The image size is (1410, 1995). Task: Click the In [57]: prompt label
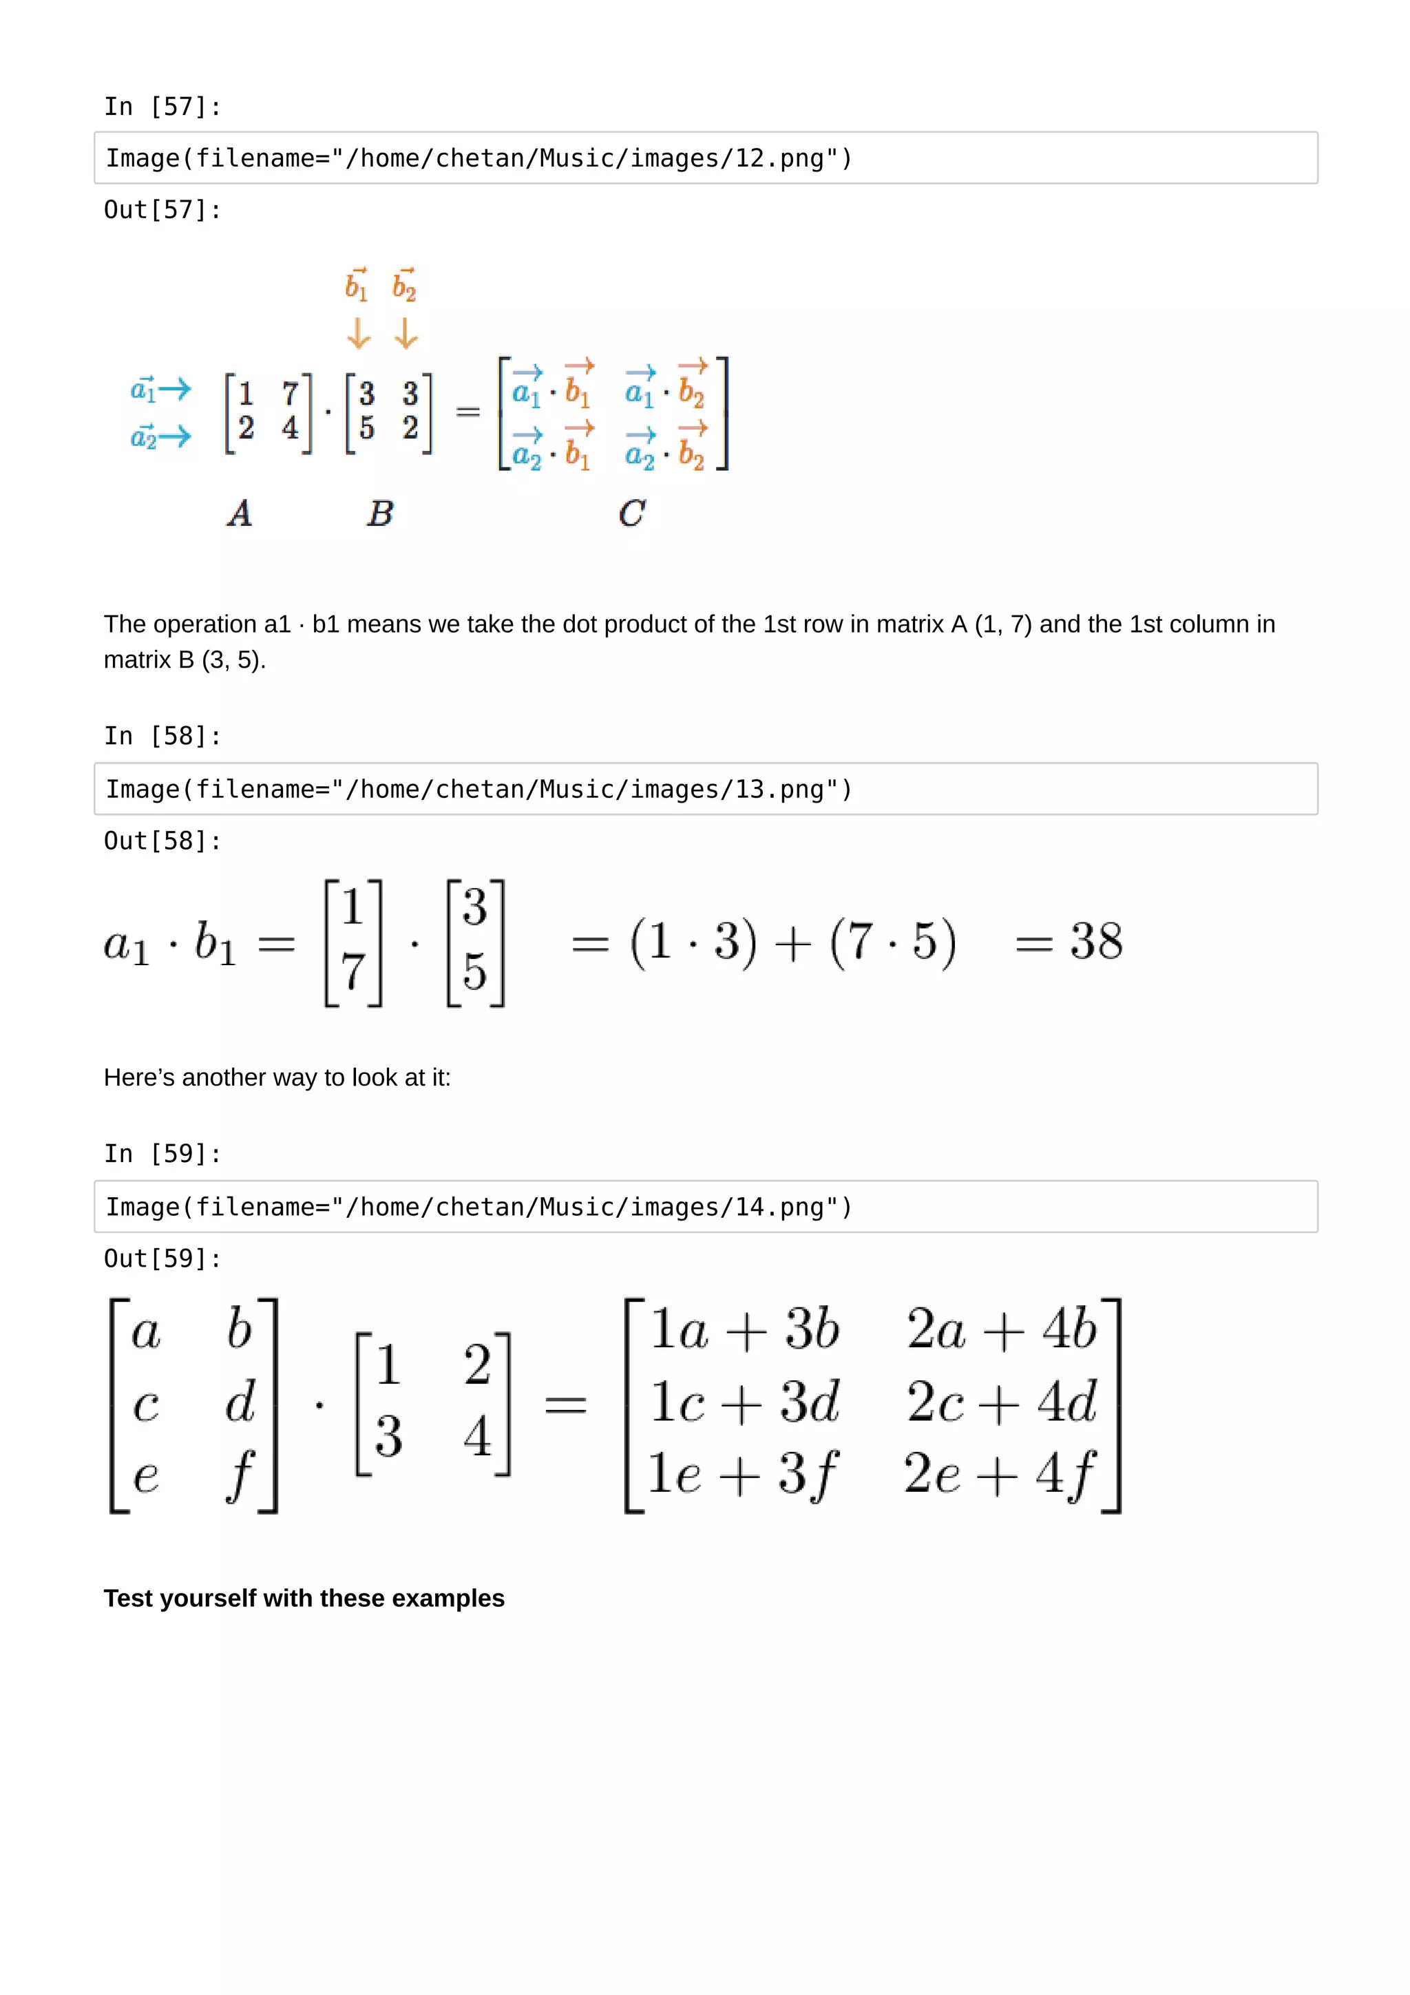pyautogui.click(x=162, y=107)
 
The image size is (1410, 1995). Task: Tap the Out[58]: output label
pyautogui.click(x=162, y=841)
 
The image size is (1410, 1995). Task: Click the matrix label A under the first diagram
pyautogui.click(x=240, y=513)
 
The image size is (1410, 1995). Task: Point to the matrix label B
pyautogui.click(x=379, y=513)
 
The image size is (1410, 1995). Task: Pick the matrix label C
pyautogui.click(x=631, y=513)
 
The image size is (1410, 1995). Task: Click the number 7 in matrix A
pyautogui.click(x=290, y=394)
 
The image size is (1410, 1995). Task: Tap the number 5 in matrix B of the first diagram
pyautogui.click(x=367, y=427)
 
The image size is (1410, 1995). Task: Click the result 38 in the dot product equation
pyautogui.click(x=1095, y=941)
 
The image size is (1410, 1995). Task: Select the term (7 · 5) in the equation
pyautogui.click(x=892, y=942)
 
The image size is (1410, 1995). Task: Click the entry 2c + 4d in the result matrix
pyautogui.click(x=1001, y=1402)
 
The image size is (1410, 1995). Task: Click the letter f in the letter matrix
pyautogui.click(x=240, y=1474)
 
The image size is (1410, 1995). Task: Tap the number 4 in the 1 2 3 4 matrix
pyautogui.click(x=477, y=1435)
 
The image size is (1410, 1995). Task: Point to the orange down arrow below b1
pyautogui.click(x=358, y=332)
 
